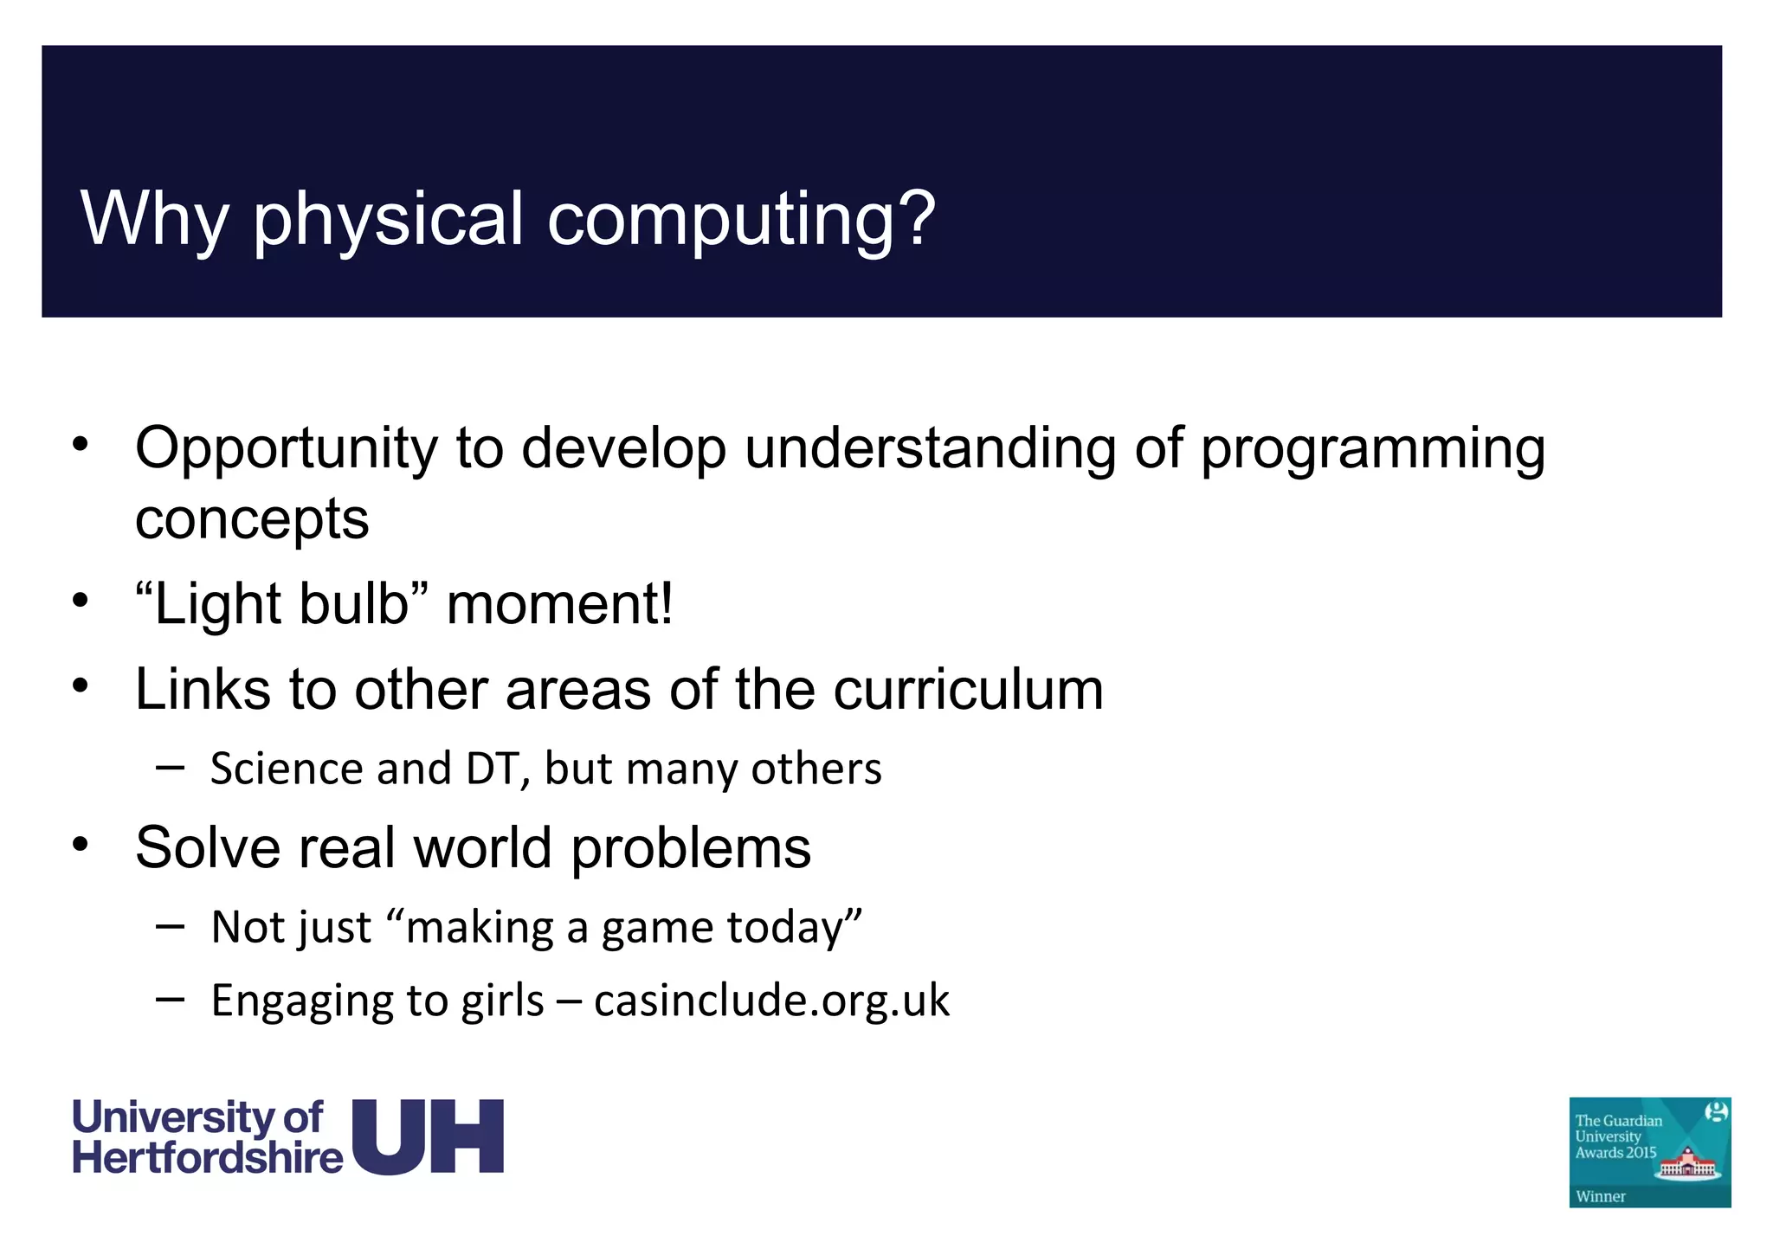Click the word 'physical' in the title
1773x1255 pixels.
tap(389, 220)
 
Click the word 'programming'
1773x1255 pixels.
tap(1372, 450)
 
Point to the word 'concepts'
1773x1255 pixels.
tap(252, 519)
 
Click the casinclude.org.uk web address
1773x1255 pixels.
tap(771, 1001)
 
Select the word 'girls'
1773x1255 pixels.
tap(502, 1001)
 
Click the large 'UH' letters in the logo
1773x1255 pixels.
tap(428, 1136)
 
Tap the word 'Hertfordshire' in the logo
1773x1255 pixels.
tap(208, 1158)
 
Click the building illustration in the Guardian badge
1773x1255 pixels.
tap(1686, 1163)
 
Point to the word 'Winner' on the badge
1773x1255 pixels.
tap(1601, 1197)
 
